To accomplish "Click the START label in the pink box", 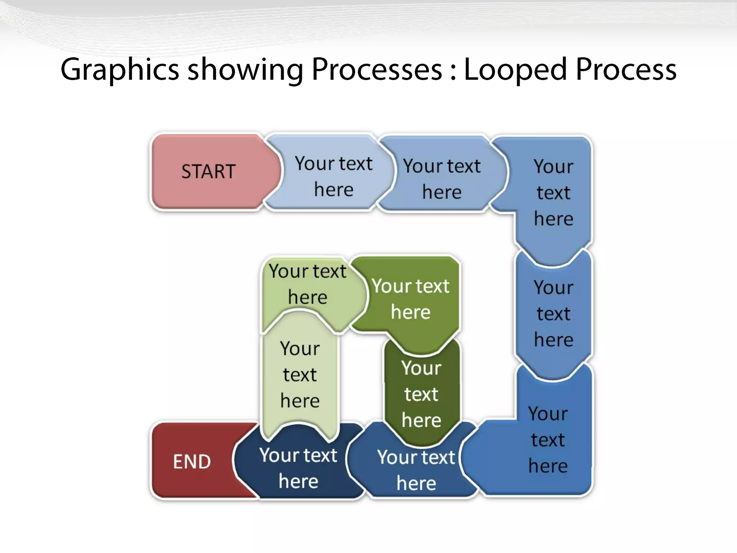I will point(208,171).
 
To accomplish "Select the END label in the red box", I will point(192,462).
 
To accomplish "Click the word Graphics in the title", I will point(119,69).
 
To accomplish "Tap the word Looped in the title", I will point(515,69).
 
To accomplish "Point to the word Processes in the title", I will point(376,69).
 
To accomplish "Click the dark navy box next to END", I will point(298,468).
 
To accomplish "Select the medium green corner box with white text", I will point(411,299).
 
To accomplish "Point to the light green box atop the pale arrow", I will point(308,284).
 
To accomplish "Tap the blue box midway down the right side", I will point(553,314).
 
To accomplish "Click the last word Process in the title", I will point(626,69).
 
